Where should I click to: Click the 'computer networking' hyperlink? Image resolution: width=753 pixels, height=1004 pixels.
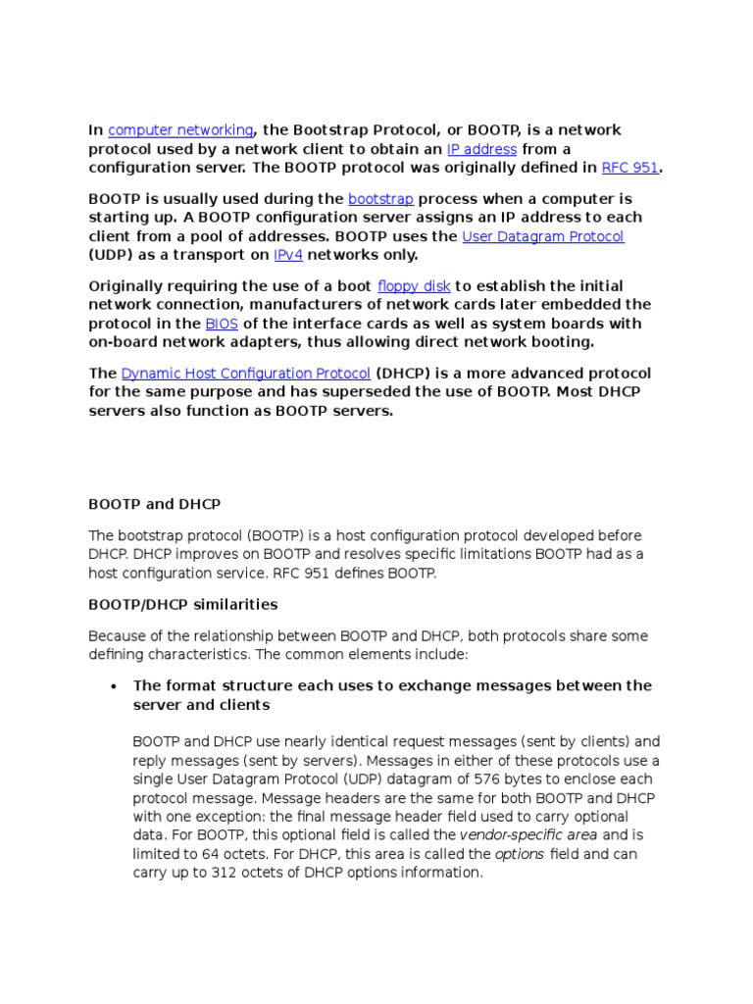tap(180, 130)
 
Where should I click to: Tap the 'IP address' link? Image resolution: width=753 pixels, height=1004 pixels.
tap(481, 149)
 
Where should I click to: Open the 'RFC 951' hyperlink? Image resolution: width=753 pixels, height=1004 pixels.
tap(629, 168)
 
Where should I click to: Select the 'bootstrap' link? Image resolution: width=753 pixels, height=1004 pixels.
tap(381, 199)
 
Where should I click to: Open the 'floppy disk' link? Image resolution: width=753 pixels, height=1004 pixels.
tap(414, 286)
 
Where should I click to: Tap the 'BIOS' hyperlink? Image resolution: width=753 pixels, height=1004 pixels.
tap(221, 324)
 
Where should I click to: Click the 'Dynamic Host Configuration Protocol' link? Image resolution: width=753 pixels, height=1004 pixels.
tap(246, 374)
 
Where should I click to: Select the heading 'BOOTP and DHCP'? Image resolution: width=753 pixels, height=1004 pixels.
tap(154, 504)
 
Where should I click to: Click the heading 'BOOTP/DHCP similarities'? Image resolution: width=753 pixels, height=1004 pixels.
tap(182, 604)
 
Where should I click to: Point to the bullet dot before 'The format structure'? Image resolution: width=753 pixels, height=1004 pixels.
tap(115, 686)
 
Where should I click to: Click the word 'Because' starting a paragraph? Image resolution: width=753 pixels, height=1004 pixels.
tap(117, 635)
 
